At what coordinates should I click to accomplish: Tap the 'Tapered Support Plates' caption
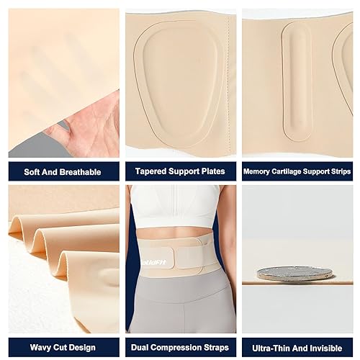[180, 172]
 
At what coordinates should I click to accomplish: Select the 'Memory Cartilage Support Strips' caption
[297, 172]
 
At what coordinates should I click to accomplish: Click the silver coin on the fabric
[295, 274]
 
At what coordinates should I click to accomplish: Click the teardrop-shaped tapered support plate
[180, 83]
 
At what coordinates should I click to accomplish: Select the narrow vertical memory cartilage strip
[297, 81]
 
